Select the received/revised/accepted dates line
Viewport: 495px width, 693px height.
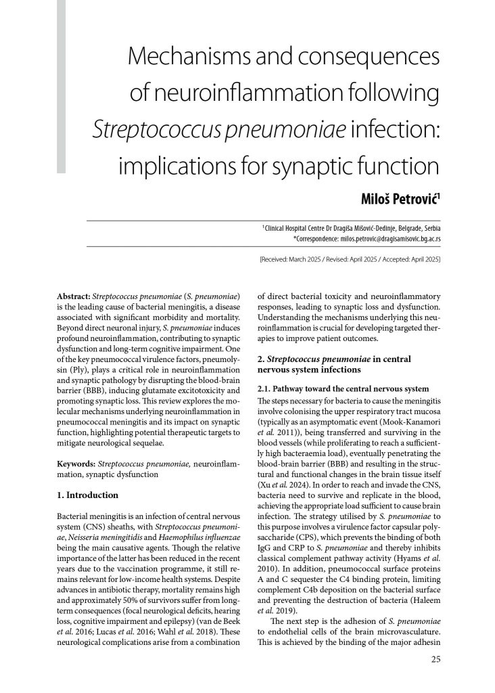350,259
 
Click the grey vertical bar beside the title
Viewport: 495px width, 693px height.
61,85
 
